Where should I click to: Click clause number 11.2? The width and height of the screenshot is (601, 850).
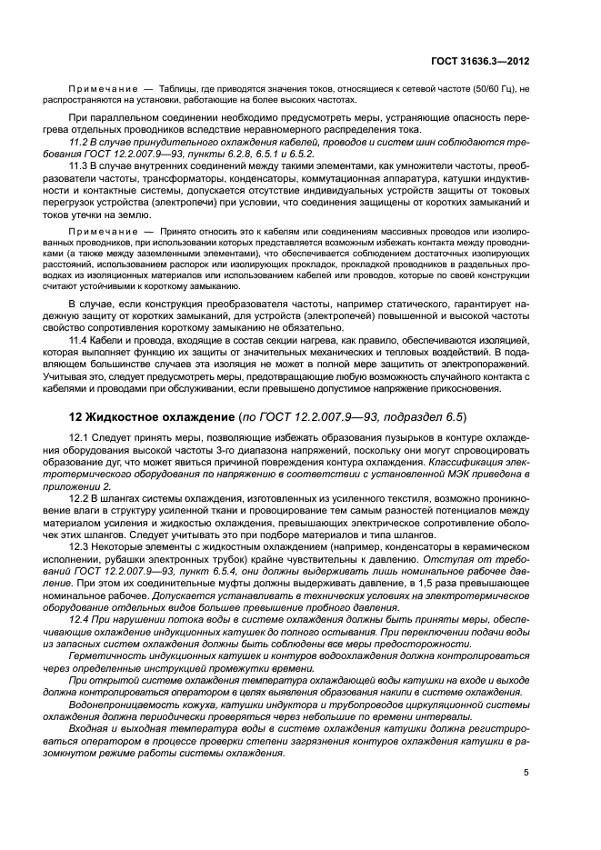[78, 145]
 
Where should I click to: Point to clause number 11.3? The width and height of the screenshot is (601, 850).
[79, 168]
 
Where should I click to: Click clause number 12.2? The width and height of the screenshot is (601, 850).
[79, 499]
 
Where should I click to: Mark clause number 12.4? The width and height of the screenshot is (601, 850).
[79, 619]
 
